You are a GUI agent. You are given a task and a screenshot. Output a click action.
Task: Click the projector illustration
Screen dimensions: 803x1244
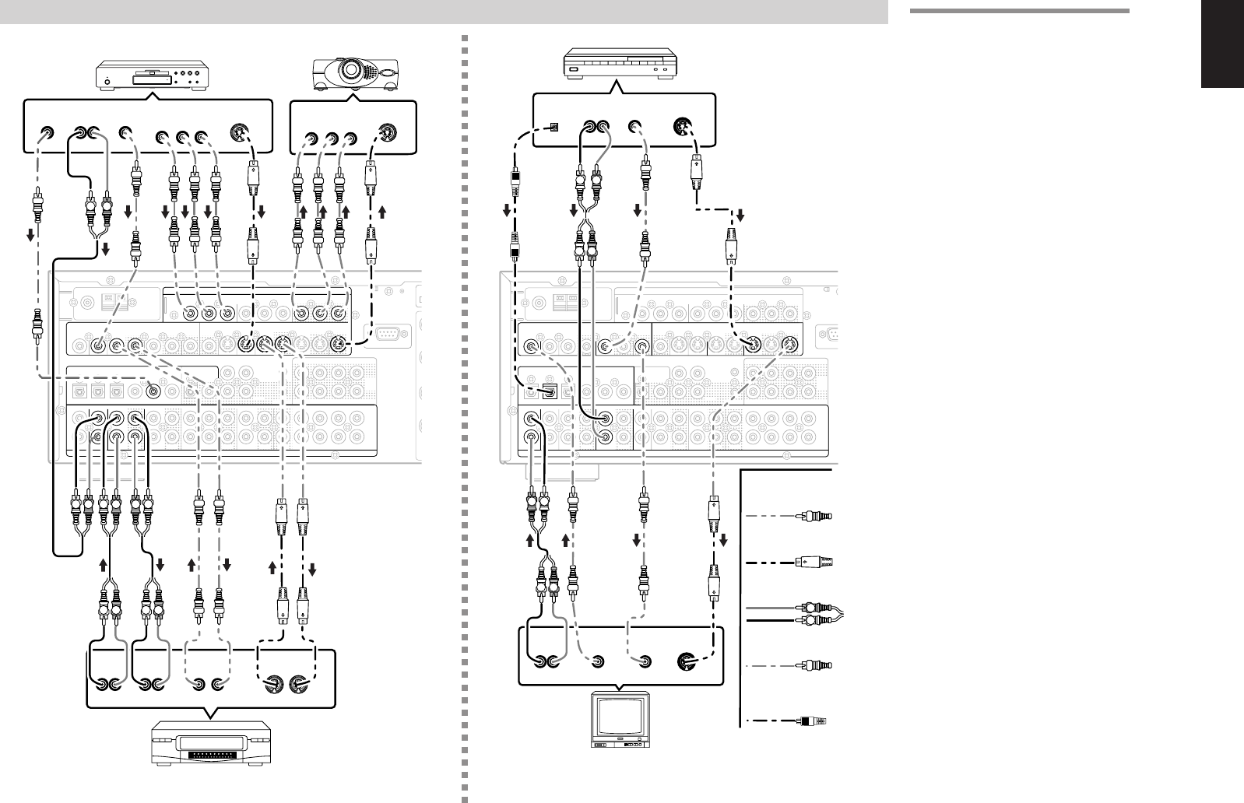(x=356, y=74)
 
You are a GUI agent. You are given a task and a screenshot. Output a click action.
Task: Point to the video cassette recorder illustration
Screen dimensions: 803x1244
(x=211, y=745)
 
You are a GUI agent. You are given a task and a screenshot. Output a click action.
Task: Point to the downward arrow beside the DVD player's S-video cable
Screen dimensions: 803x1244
(x=262, y=212)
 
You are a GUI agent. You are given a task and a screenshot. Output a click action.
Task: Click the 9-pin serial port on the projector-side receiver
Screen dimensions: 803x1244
(x=386, y=335)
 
